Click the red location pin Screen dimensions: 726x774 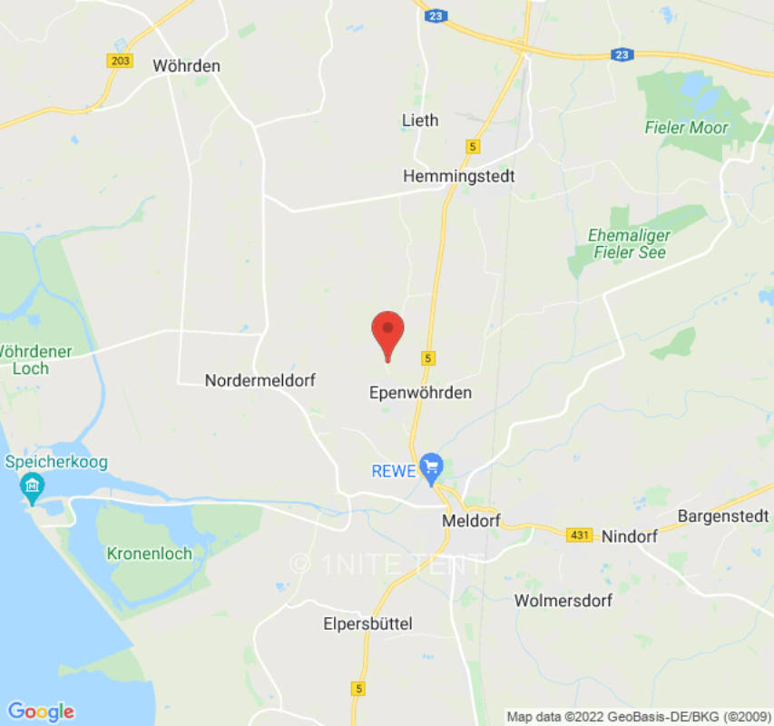tap(388, 333)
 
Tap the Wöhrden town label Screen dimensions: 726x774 tap(187, 65)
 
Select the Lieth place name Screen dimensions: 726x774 tap(419, 120)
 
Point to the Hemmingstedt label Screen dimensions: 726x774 tap(458, 176)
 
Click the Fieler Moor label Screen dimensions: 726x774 tap(686, 128)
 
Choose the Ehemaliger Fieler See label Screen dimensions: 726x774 tap(629, 243)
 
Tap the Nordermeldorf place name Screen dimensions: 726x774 tap(260, 380)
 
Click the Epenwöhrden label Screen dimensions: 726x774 tap(421, 393)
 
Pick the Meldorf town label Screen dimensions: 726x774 tap(471, 521)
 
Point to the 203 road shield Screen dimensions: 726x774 tap(120, 61)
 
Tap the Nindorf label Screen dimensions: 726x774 tap(630, 536)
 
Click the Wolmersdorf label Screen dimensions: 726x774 tap(563, 601)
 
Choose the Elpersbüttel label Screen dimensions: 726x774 tap(368, 623)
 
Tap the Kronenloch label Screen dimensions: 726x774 tap(149, 553)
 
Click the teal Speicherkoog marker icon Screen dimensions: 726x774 tap(33, 488)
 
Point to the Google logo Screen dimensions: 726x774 tap(40, 711)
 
